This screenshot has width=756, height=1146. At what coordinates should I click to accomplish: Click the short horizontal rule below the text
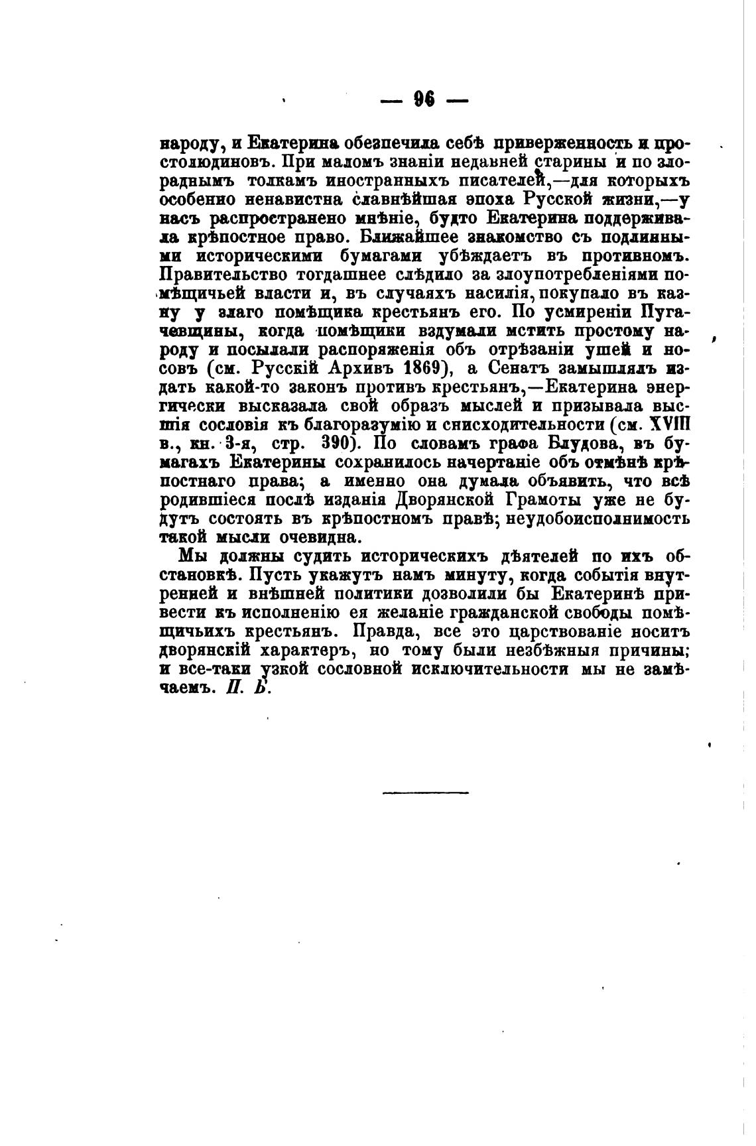(x=425, y=792)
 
